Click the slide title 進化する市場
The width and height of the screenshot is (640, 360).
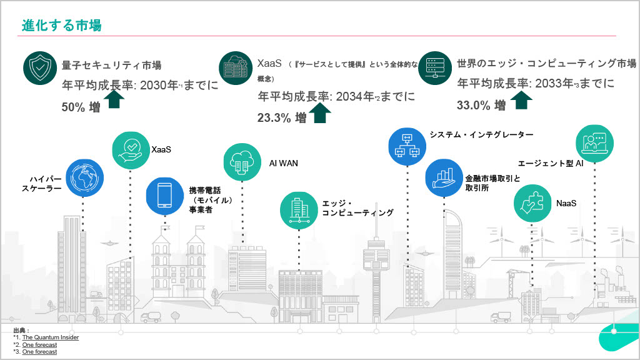pos(61,25)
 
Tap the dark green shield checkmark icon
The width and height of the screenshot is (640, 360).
pos(40,68)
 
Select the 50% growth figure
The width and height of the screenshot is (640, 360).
pos(81,107)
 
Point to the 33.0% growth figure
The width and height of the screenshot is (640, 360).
pos(481,105)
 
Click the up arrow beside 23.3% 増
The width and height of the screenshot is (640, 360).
pos(320,112)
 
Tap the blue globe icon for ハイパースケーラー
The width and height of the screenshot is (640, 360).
pos(84,178)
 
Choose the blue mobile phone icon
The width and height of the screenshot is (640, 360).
pos(165,196)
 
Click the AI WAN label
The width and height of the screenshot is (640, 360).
pos(284,163)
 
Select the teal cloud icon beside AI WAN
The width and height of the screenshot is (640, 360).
pos(242,162)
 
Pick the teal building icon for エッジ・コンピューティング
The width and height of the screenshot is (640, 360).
pos(299,210)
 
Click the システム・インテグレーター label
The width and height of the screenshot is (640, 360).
pos(481,135)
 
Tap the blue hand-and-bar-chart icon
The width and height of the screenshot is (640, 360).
pos(444,178)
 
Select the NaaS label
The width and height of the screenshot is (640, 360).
pos(566,203)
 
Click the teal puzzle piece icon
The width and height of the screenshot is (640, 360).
pos(532,203)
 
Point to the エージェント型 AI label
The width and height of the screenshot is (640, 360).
pos(551,163)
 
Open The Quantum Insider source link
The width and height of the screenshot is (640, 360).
pos(51,337)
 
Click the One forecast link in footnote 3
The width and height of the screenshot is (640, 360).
pos(39,352)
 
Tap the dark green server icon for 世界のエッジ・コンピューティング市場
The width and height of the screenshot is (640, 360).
pos(435,68)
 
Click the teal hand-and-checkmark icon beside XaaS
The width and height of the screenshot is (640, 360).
pos(131,150)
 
